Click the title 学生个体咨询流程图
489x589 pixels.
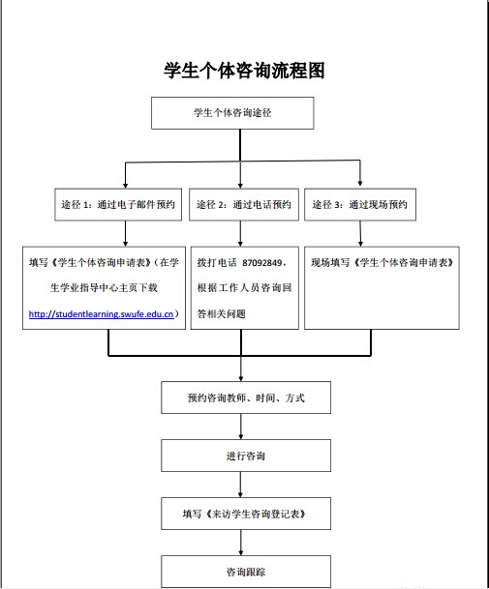point(244,71)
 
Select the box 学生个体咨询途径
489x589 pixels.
point(232,113)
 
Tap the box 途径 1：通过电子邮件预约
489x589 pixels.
point(118,204)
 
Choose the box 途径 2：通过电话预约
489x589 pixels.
point(244,204)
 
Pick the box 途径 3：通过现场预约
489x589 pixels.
point(360,204)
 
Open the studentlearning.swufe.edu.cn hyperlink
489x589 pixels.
point(101,314)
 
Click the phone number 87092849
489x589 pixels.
point(261,262)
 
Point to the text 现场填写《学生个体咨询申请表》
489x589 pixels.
point(382,262)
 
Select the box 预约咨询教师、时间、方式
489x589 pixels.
point(246,398)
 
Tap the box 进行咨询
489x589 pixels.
point(246,456)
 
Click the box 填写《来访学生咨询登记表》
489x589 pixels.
point(246,514)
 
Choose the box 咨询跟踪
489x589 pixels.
point(246,572)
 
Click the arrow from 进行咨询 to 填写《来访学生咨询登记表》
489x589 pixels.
point(241,485)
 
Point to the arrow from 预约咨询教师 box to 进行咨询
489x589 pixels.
point(241,427)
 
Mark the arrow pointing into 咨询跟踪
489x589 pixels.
point(241,543)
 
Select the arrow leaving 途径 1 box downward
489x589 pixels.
point(125,234)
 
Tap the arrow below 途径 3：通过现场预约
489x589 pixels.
point(360,234)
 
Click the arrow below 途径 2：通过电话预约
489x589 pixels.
point(240,234)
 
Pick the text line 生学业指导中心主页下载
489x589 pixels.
point(104,288)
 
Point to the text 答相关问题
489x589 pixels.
point(221,313)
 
